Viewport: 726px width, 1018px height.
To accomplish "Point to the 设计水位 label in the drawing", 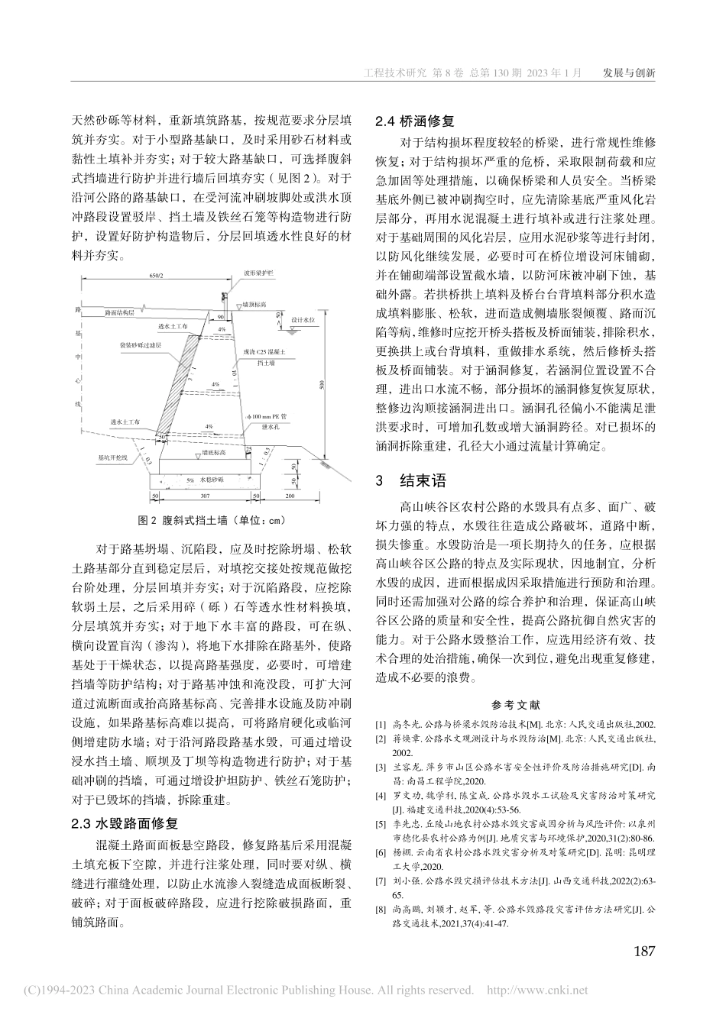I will point(303,322).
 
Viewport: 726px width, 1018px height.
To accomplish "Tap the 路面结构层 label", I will point(118,312).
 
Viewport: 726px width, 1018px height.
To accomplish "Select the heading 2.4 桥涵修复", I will point(413,121).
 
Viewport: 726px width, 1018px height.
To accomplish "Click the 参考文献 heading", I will point(516,705).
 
